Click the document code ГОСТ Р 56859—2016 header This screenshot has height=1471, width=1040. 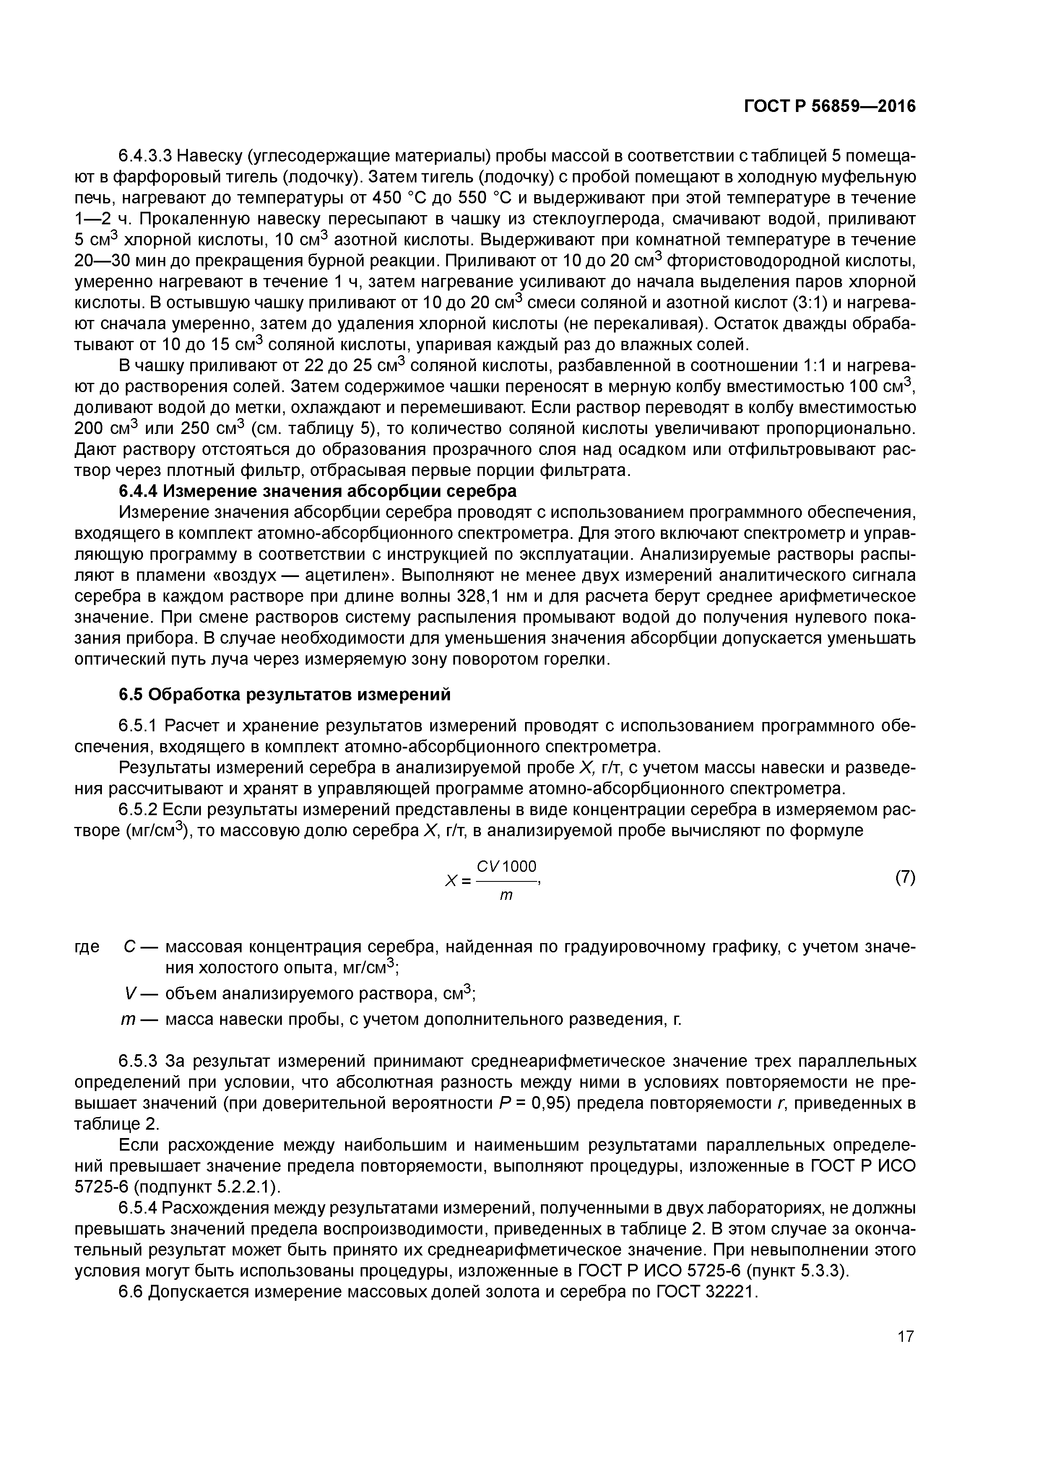pyautogui.click(x=830, y=107)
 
